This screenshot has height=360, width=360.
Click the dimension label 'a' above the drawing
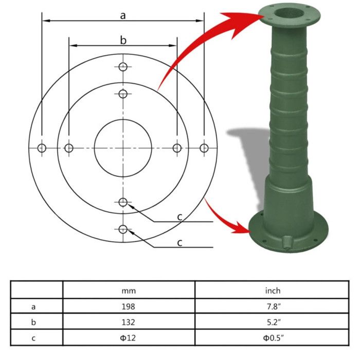(123, 15)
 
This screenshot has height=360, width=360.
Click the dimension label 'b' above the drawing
(123, 40)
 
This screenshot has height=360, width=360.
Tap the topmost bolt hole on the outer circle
(123, 67)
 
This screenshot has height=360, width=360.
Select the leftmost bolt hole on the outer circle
(42, 148)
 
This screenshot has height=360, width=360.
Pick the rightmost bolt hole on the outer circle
(204, 148)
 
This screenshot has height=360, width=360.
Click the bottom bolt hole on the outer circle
(123, 229)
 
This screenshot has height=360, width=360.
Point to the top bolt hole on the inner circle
(123, 94)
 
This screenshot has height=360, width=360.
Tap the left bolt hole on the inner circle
(69, 148)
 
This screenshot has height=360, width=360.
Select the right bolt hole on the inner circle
(177, 148)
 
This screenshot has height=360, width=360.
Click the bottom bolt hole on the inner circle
(123, 202)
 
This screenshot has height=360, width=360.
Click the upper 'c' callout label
(179, 217)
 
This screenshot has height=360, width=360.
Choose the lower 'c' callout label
(179, 242)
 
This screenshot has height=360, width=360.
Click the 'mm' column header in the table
(129, 291)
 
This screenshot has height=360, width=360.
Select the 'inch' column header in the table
(273, 291)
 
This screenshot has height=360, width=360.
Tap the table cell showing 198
(129, 307)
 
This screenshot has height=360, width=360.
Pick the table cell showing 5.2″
(273, 322)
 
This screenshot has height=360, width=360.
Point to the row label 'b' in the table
(33, 322)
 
